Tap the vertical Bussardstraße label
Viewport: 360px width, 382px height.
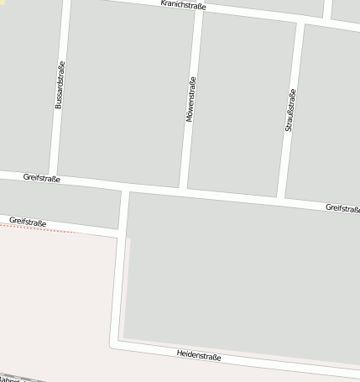coord(60,85)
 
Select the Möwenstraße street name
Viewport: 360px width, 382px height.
coord(190,100)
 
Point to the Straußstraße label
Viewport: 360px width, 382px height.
coord(290,110)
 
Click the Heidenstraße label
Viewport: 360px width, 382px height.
coord(200,356)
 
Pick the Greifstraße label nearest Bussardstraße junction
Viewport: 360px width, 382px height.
coord(42,178)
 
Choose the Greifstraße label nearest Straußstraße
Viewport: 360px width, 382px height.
coord(342,207)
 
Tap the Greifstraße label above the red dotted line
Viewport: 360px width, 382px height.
coord(27,222)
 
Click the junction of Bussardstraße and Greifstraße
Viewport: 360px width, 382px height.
coord(53,178)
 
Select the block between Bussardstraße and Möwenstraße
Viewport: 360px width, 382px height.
coord(126,92)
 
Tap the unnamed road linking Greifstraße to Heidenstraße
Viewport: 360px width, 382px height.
coord(120,269)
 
